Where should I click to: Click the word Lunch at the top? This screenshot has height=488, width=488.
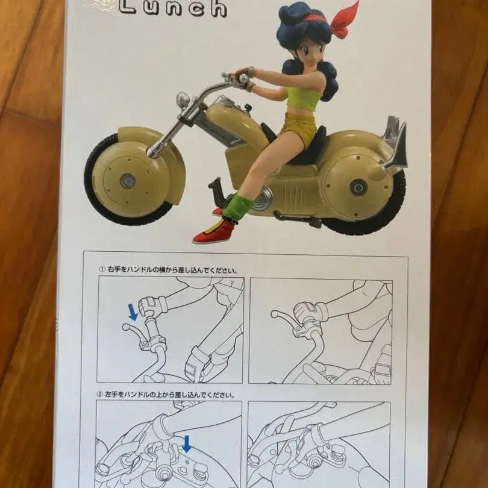click(173, 7)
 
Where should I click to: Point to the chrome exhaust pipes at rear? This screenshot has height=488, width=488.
click(395, 145)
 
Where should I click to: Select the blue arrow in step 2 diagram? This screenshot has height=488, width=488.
click(187, 444)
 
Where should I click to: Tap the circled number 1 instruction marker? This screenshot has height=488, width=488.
click(102, 270)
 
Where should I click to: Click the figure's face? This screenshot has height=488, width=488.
click(300, 52)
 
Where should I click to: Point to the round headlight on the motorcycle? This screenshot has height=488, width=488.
click(183, 100)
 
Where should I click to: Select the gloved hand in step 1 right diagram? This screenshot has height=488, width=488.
click(308, 312)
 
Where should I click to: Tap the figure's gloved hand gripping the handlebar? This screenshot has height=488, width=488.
click(243, 77)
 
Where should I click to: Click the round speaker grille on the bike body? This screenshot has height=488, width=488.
click(262, 201)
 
